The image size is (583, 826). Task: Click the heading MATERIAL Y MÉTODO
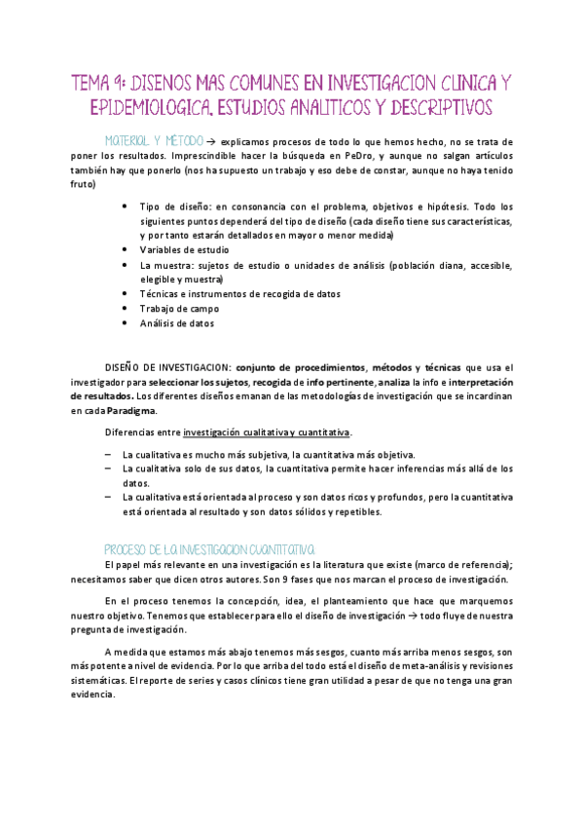click(155, 140)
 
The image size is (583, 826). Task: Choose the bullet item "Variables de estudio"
click(185, 250)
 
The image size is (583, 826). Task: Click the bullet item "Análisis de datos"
click(177, 322)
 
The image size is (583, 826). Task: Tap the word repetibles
click(359, 512)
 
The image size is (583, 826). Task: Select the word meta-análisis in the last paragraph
click(396, 666)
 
